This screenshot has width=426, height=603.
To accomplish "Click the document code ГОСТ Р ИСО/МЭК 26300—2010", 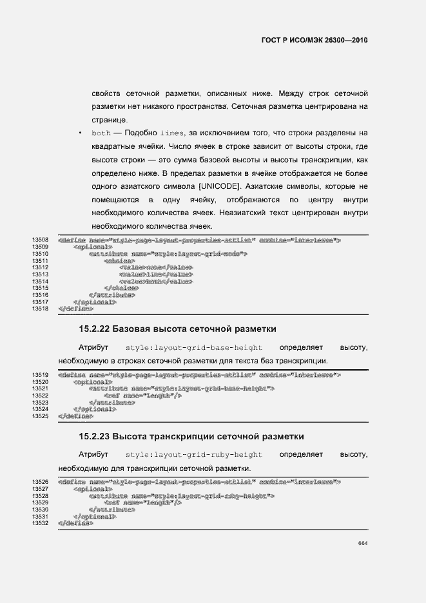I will click(x=315, y=40).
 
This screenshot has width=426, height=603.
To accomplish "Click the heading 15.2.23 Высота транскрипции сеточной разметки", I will click(x=191, y=437).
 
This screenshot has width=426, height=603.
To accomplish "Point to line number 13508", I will click(x=41, y=240).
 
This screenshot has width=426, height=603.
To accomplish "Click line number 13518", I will click(x=41, y=309).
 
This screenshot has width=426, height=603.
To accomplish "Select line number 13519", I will click(x=41, y=374).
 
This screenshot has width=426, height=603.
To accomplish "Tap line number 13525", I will click(x=41, y=416).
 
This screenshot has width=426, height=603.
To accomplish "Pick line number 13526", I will click(x=41, y=482).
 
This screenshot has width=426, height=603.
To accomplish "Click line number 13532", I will click(x=41, y=524).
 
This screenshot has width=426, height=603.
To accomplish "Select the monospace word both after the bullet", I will click(x=102, y=133).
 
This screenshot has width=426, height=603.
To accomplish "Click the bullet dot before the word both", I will click(x=79, y=133).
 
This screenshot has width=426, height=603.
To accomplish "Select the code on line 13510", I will click(x=168, y=254).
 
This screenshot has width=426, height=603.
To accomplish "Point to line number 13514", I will click(x=41, y=282).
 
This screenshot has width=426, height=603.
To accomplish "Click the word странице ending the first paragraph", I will click(x=110, y=120).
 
